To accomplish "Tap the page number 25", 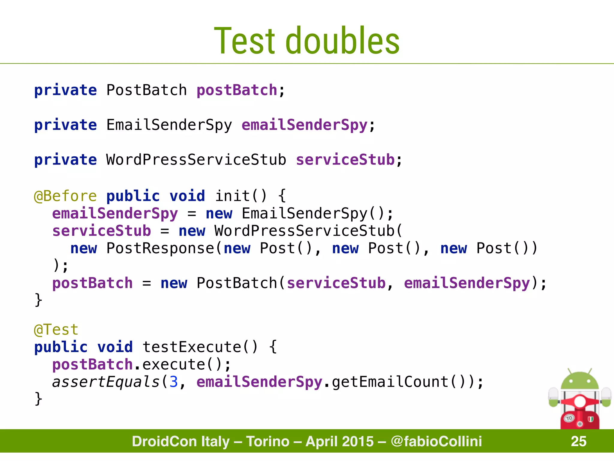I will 578,441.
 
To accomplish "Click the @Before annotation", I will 65,196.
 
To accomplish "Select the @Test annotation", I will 56,330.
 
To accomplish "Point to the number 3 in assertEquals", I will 174,382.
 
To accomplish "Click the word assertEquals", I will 106,382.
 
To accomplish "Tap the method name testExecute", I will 192,347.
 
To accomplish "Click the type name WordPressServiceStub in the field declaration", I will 196,159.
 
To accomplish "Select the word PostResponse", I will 160,248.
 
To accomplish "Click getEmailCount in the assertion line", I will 390,382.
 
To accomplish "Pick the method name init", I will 232,196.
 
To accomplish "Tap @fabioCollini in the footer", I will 436,441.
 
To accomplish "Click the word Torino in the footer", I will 268,441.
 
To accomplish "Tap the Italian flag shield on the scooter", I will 591,419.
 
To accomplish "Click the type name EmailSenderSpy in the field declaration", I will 169,125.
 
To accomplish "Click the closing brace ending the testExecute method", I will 38,399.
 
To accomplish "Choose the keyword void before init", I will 187,196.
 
